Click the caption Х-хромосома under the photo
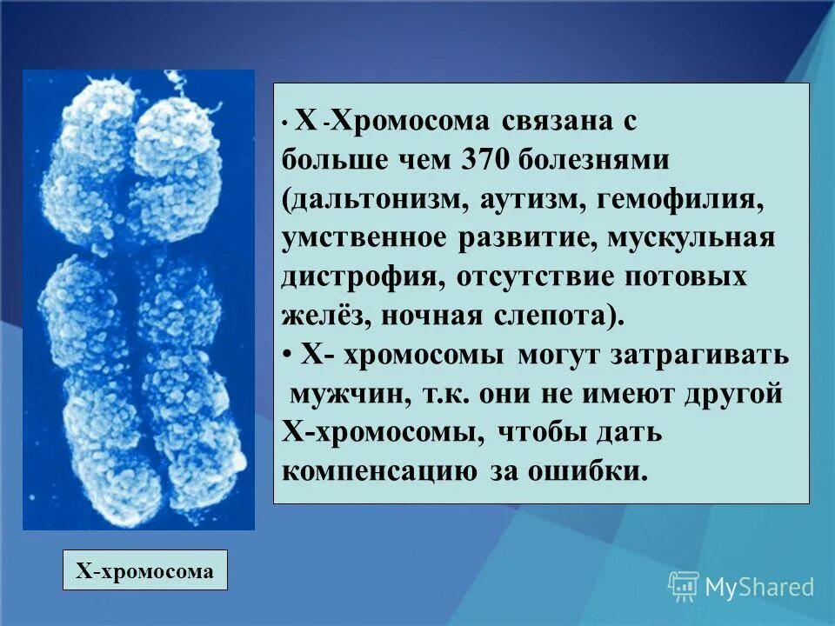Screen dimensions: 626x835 145,570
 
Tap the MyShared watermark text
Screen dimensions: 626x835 759,587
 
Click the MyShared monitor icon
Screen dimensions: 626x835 684,586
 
